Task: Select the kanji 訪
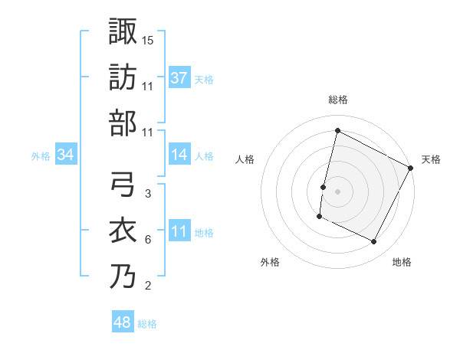123,77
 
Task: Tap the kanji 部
123,123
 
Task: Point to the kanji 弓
123,185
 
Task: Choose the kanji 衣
123,231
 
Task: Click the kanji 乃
123,277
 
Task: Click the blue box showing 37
179,77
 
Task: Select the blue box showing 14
179,155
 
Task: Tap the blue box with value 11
179,232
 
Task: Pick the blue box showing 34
66,155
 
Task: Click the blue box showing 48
123,322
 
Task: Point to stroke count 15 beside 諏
148,39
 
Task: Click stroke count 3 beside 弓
148,193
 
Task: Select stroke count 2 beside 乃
148,286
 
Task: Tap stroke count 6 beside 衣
148,240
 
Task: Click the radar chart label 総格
337,100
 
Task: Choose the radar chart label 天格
431,159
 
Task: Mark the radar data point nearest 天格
411,168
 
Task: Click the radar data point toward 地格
374,242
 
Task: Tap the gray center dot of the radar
337,191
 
